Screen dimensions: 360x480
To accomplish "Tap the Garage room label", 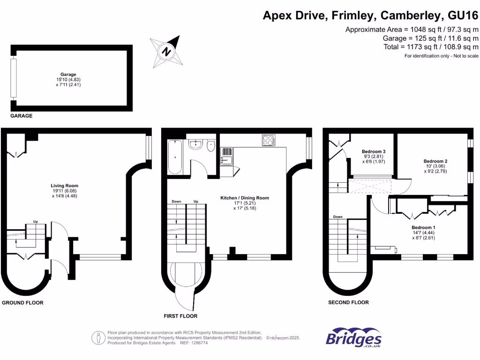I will coord(68,74).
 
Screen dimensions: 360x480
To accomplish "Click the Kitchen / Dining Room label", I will coord(245,198).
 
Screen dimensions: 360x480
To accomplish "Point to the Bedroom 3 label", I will coord(374,151).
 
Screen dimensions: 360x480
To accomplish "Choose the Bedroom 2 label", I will coord(432,160).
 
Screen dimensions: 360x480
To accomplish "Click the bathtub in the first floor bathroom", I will coord(175,157).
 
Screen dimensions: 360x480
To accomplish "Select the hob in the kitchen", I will coord(269,140).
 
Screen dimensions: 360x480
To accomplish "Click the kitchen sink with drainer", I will coord(226,155).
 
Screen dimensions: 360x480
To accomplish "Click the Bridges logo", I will coord(353,339).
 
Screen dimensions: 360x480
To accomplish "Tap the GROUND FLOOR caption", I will coord(22,303).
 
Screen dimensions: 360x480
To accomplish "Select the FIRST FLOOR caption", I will coord(181,316).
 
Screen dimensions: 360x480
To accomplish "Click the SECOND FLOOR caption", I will coord(348,302).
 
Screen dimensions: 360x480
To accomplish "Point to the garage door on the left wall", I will coord(14,78).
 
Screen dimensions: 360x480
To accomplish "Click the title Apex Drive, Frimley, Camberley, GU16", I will coord(370,16).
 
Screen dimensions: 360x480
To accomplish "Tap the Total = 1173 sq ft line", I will coord(430,47).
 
